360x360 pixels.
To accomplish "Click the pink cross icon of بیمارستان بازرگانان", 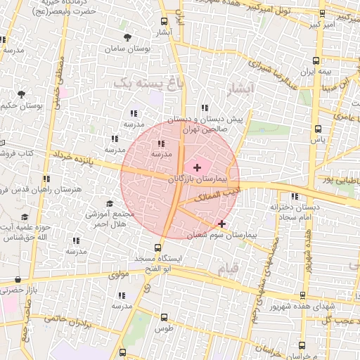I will [x=196, y=167].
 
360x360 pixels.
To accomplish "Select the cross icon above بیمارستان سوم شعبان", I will [x=221, y=224].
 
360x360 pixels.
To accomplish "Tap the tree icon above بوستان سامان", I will [x=127, y=38].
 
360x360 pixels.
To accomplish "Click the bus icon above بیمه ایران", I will [x=316, y=60].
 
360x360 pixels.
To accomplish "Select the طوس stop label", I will [x=164, y=329].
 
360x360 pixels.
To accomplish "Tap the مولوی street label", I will [x=117, y=275].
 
